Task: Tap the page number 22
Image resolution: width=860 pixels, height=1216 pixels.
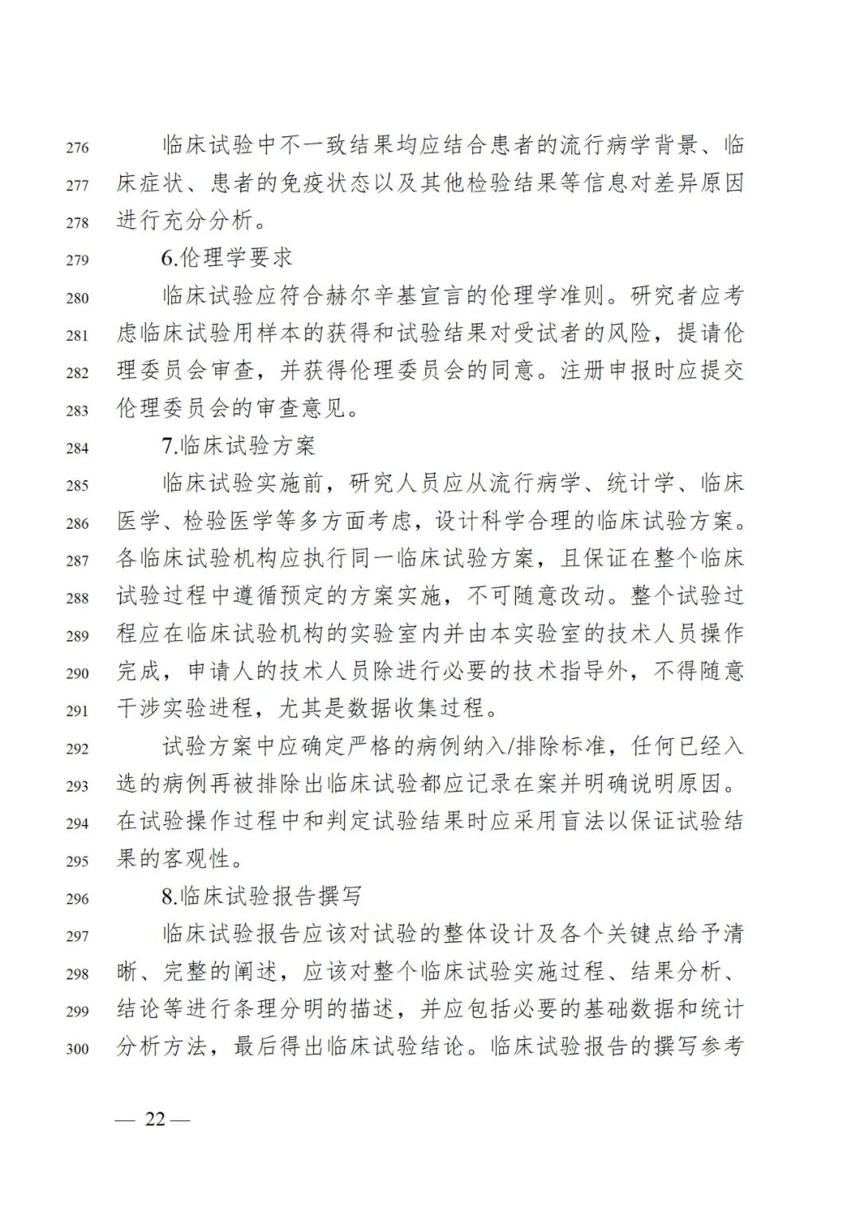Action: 154,1119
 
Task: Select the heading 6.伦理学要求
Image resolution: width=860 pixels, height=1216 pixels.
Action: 227,258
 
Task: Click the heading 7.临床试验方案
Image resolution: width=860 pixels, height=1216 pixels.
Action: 239,446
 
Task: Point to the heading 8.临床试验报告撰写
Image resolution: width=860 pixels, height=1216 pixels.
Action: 262,897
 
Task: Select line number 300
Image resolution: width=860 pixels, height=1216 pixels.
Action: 77,1049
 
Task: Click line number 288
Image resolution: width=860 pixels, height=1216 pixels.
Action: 77,598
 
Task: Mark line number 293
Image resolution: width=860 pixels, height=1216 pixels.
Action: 77,786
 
